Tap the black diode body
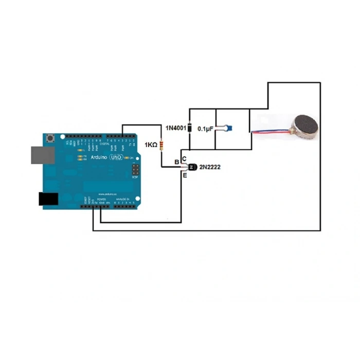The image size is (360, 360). point(189,128)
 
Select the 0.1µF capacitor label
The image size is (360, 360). point(205,130)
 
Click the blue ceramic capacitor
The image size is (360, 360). point(229,127)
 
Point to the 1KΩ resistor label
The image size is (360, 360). point(151,146)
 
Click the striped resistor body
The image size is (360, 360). point(162,146)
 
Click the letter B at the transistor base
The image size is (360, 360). point(177,163)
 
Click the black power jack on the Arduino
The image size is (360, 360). point(49,199)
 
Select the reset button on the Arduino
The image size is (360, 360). point(50,139)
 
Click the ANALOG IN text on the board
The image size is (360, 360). point(122,198)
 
